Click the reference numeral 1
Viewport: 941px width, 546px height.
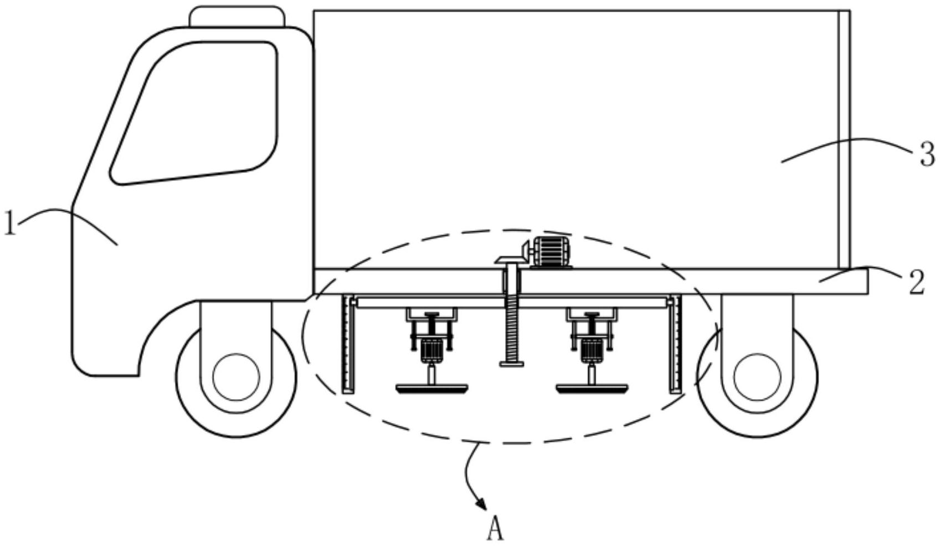click(x=9, y=223)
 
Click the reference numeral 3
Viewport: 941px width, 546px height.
click(x=927, y=154)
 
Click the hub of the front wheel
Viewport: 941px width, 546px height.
click(x=236, y=377)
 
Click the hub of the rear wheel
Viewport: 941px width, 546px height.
click(x=757, y=377)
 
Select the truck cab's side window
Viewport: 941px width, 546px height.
click(x=194, y=113)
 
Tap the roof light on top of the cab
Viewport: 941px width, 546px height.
click(x=237, y=17)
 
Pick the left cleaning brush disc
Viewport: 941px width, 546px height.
click(x=431, y=389)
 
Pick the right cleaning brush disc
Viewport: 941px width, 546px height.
click(x=592, y=389)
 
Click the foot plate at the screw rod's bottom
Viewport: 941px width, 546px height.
click(x=512, y=364)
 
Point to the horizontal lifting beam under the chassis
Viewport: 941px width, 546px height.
click(x=512, y=303)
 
